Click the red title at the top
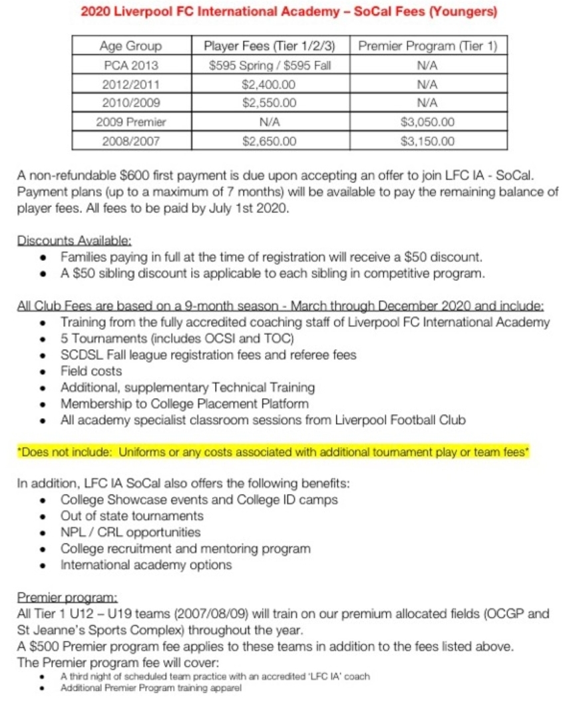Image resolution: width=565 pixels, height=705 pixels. point(288,13)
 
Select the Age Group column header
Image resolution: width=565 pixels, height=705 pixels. point(130,47)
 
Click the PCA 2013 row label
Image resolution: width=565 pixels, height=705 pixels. point(130,66)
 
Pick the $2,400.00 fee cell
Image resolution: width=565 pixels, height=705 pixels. point(269,85)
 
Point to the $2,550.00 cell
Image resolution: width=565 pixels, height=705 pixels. point(269,103)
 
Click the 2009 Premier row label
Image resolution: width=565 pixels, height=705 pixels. point(130,122)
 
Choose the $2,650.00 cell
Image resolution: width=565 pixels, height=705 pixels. point(269,141)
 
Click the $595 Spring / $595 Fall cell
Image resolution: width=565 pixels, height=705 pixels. point(269,66)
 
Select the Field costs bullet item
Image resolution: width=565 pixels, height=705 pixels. point(91,371)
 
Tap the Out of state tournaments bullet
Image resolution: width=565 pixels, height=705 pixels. point(132,516)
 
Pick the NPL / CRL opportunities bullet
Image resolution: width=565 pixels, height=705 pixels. point(130,533)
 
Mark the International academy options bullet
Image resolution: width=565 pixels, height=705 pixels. point(146,565)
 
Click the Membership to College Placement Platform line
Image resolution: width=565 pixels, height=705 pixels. point(184,403)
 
